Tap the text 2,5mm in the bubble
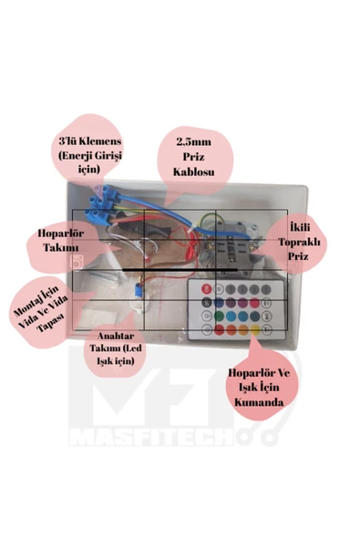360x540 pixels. point(194,142)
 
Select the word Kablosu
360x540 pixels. point(193,171)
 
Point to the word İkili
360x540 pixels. point(299,227)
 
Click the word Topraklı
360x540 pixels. point(299,242)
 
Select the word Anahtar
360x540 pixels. point(116,336)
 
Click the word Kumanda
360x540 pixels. point(259,402)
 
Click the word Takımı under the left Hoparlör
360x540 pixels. point(61,247)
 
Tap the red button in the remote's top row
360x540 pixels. point(207,288)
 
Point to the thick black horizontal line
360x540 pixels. point(180,270)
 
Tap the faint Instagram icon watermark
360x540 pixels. point(77,262)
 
